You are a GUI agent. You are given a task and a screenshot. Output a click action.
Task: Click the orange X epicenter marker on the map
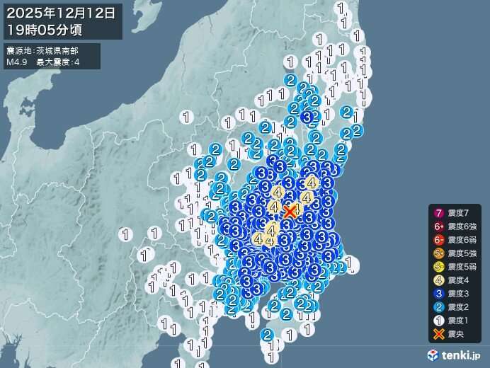tap(290, 211)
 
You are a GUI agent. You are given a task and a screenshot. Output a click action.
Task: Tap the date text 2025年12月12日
tap(62, 13)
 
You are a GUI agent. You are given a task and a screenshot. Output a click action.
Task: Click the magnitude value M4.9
tap(16, 63)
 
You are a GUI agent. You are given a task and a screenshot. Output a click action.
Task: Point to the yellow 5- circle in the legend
tap(438, 267)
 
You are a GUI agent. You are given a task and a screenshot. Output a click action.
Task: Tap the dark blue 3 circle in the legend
tap(438, 294)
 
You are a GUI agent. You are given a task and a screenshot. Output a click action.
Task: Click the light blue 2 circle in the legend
tap(438, 307)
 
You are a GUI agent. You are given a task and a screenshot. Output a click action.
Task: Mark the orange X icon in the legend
tap(438, 334)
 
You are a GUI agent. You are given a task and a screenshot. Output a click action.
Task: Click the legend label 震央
tap(457, 334)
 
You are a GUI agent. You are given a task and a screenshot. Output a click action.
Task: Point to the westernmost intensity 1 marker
tap(125, 233)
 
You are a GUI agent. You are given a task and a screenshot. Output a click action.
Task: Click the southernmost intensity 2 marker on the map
tap(267, 334)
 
